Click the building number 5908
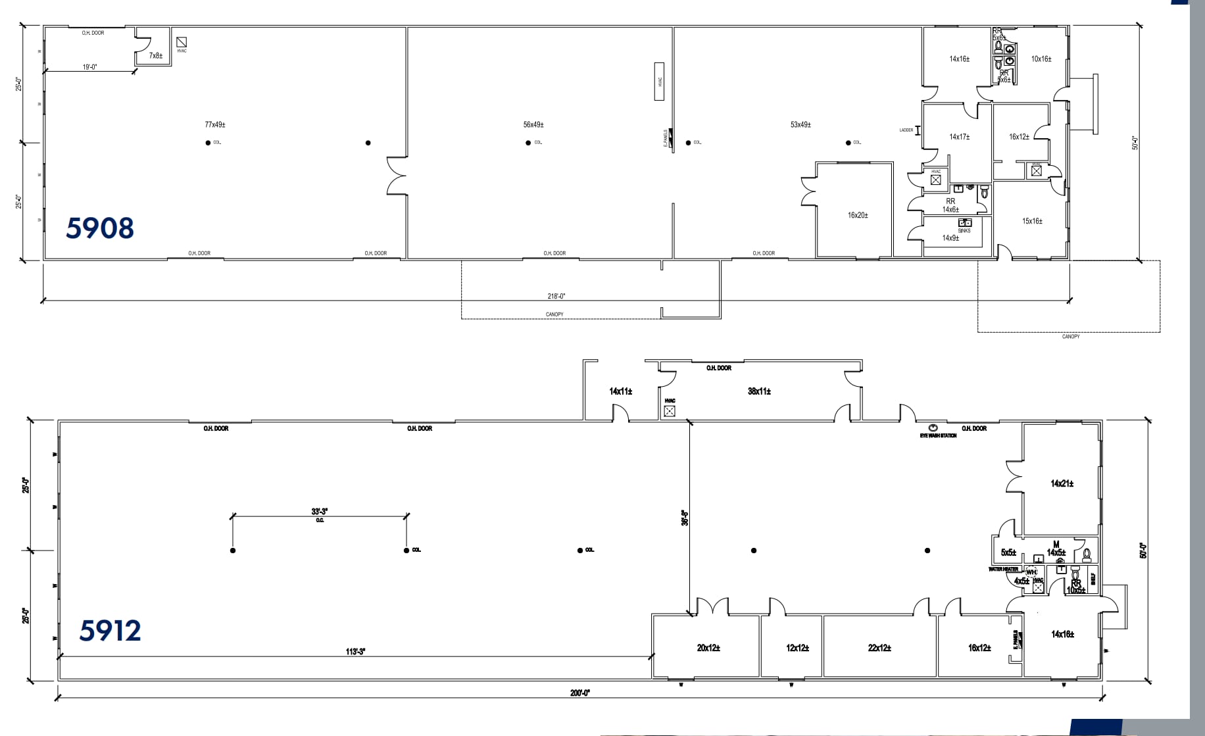[x=100, y=228]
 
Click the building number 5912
[x=110, y=631]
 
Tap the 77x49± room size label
[x=215, y=124]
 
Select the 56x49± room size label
[x=533, y=124]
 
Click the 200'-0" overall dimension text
[x=580, y=693]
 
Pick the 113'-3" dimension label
[x=355, y=652]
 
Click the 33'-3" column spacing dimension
[x=320, y=511]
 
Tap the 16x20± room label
[x=858, y=215]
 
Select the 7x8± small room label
[x=156, y=56]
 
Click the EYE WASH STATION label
[x=938, y=435]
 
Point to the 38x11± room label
[x=759, y=391]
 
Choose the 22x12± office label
[x=879, y=648]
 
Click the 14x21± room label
[x=1062, y=483]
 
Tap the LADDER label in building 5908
[x=906, y=130]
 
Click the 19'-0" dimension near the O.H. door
[x=90, y=67]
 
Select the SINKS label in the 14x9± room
[x=964, y=230]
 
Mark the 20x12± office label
[x=708, y=648]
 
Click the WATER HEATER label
[x=1003, y=569]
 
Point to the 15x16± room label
[x=1032, y=221]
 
